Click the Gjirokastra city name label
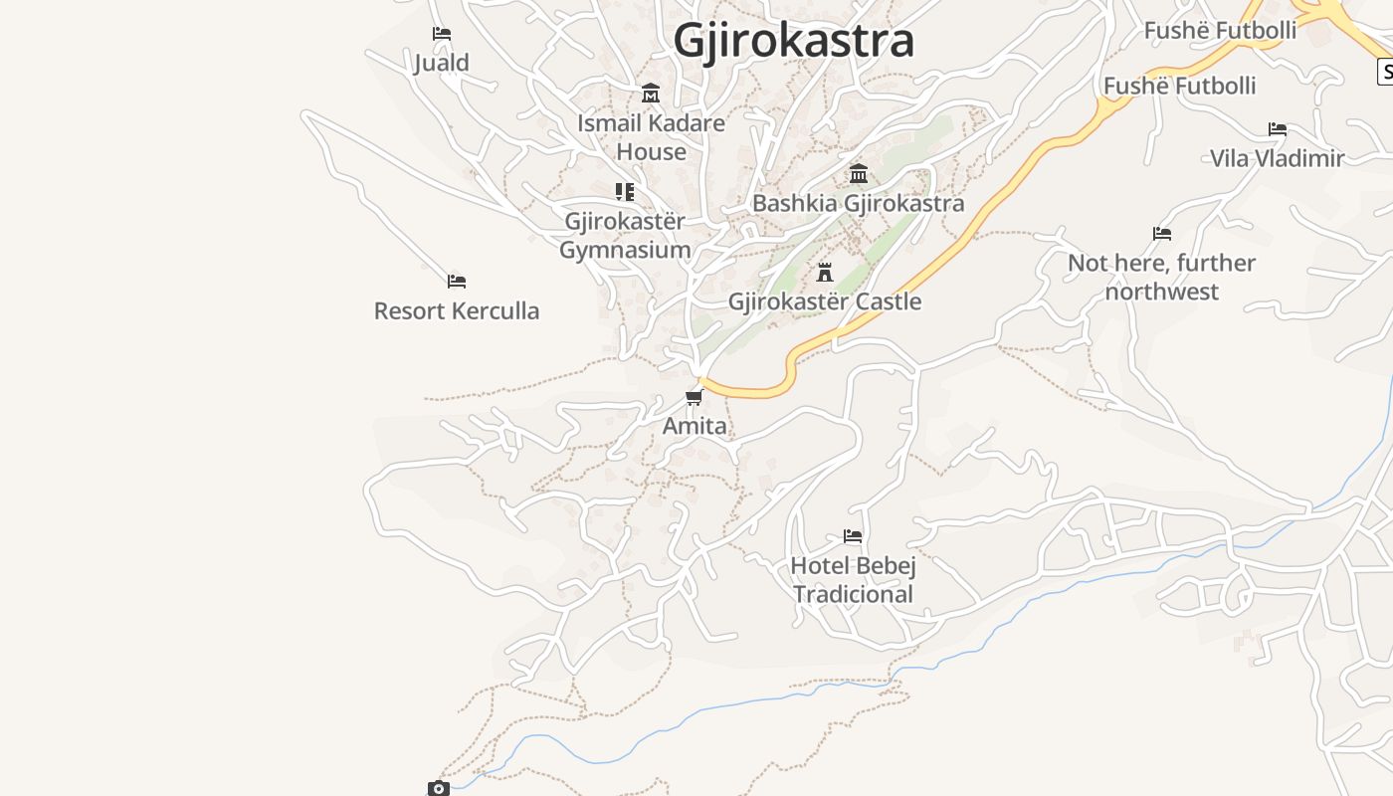pos(793,41)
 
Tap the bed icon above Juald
pos(442,34)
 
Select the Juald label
pos(442,63)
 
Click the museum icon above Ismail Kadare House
pos(651,94)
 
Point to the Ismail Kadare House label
pos(651,137)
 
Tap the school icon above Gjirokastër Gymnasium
pos(624,191)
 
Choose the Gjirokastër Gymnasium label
pos(625,235)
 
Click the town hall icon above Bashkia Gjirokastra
pos(858,174)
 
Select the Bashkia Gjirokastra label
pos(858,203)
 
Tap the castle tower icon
pos(824,272)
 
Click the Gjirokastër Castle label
pos(825,301)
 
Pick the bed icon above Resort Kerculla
pos(457,282)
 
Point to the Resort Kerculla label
pos(457,310)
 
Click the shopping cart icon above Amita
pos(694,398)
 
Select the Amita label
pos(695,426)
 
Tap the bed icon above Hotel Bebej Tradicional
pos(853,536)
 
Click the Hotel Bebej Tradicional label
pos(853,580)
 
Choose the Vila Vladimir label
pos(1277,158)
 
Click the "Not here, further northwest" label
pos(1161,277)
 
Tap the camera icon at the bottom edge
pos(439,788)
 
